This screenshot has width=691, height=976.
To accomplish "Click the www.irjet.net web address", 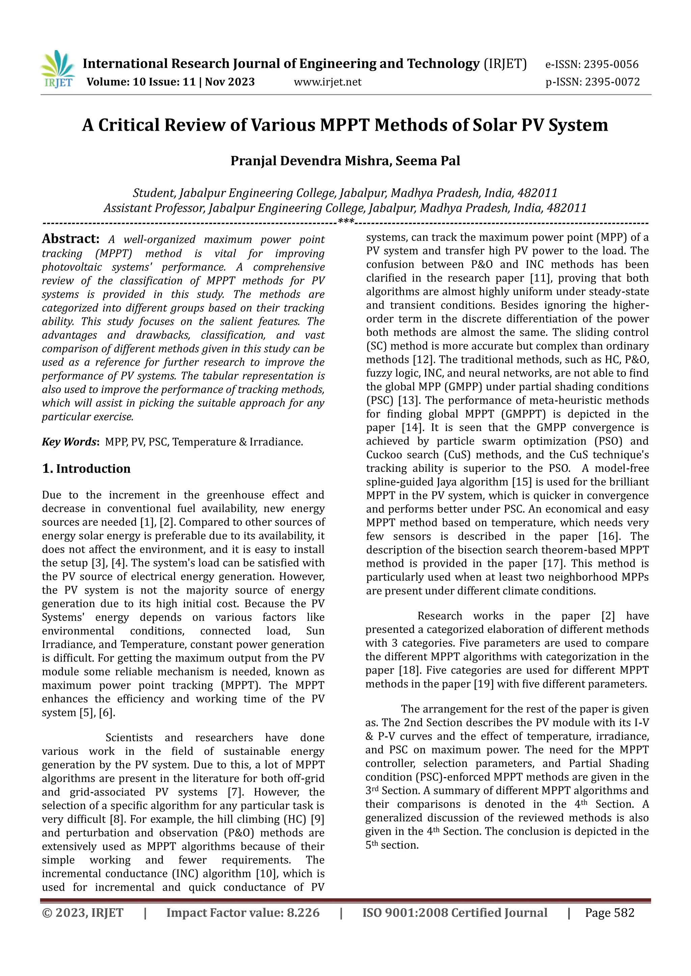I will click(x=327, y=82).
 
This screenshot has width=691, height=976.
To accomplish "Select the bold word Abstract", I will click(x=70, y=239).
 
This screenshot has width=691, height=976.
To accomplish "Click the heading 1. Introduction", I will click(x=86, y=468).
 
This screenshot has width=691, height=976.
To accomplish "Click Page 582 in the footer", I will click(x=609, y=913).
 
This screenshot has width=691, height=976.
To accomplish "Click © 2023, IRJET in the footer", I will click(x=83, y=913).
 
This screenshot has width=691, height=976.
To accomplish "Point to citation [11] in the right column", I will click(x=545, y=278).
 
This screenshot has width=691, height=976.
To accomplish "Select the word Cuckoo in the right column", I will click(x=385, y=455).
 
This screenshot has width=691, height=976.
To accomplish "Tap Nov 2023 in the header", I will click(x=230, y=82).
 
